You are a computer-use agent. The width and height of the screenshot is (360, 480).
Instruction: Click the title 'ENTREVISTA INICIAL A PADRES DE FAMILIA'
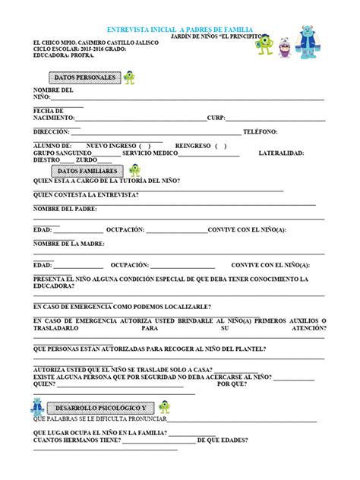point(180,27)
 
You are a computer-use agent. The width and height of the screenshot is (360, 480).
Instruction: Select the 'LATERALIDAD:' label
point(280,153)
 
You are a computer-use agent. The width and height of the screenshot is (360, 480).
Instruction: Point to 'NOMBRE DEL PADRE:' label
point(65,208)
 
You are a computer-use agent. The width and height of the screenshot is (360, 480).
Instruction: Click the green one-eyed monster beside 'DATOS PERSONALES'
point(130,77)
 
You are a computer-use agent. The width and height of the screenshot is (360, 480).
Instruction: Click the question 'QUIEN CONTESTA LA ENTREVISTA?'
point(86,194)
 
